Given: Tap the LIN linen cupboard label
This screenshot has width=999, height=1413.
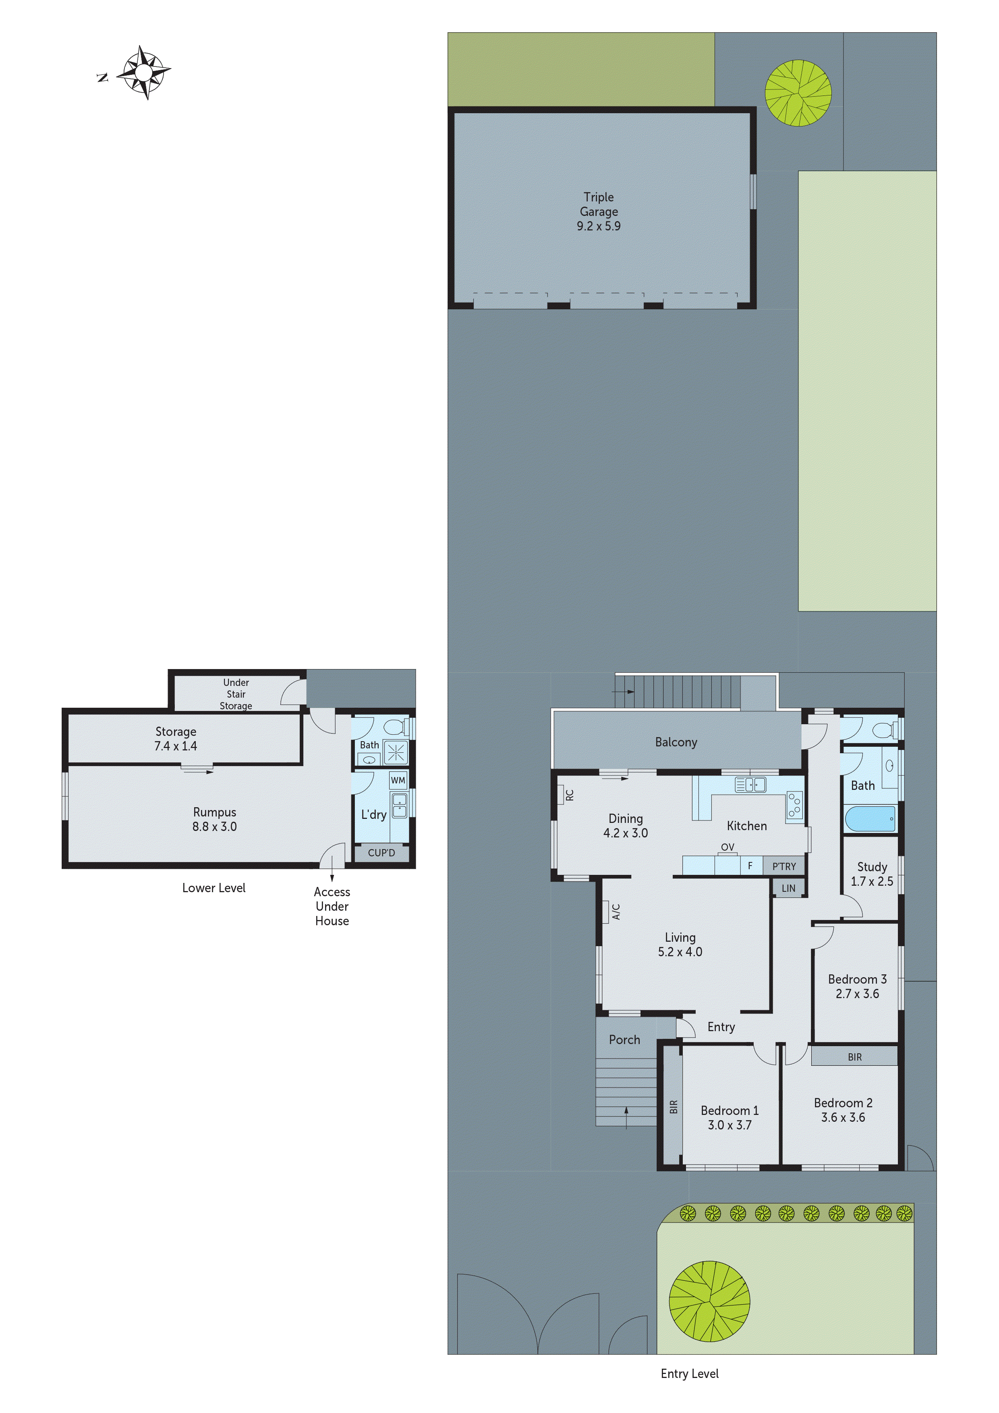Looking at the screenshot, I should pos(788,888).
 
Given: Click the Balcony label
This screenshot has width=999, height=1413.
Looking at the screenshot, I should pos(676,742).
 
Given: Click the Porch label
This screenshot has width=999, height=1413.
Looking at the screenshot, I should pos(624,1040).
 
